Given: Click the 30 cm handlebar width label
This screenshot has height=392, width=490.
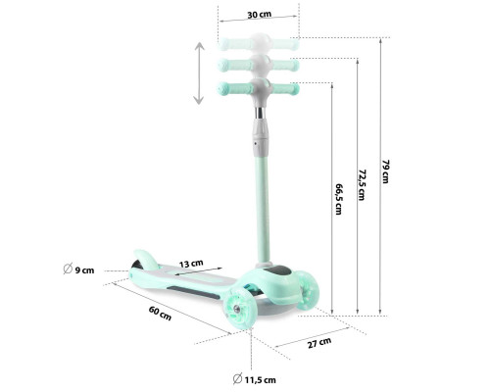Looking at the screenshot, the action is coord(259,15).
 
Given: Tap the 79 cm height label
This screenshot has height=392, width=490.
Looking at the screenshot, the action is coord(386,171).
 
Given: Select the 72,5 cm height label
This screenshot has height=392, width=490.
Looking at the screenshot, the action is coord(362,184).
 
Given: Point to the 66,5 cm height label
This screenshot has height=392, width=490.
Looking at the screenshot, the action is coord(338,199).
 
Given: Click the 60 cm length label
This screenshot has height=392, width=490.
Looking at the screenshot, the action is coord(160,313).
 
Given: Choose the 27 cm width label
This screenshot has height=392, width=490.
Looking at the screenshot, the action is coord(319,343).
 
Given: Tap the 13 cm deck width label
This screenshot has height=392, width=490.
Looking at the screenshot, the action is coord(191,264).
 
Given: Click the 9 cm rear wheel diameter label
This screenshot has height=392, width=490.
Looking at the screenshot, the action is coord(84,270).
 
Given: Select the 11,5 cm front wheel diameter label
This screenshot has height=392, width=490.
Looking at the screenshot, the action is coord(261,380).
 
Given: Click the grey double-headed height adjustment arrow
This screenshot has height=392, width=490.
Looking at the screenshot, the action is coord(199,73).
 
